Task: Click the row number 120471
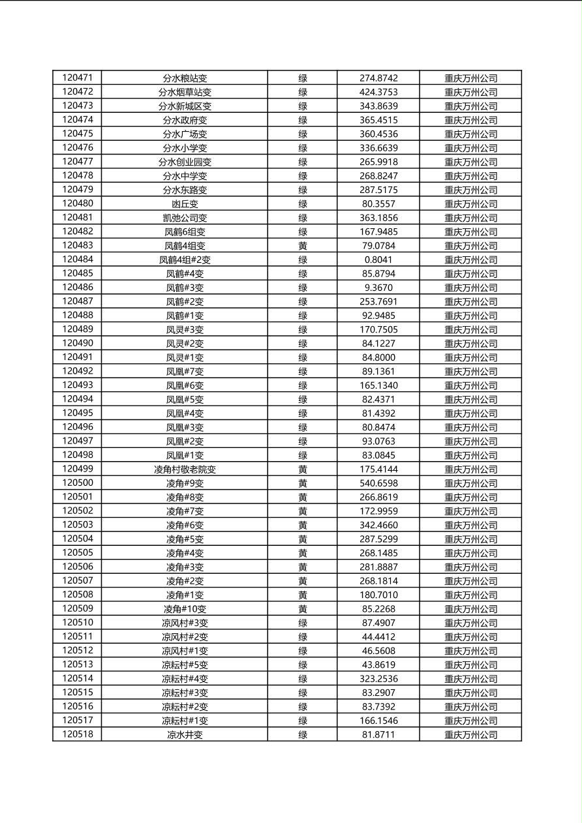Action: point(78,78)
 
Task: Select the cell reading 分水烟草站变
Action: point(185,92)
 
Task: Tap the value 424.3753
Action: point(378,92)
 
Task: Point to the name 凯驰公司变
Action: point(185,218)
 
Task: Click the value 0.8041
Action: point(378,260)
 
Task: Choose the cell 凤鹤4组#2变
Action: point(185,260)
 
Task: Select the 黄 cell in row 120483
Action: point(303,246)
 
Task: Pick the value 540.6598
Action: point(378,483)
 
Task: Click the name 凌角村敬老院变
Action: point(185,470)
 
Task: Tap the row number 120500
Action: point(78,483)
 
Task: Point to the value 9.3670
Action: point(378,288)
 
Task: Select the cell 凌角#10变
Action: point(185,609)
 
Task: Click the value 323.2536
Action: point(378,679)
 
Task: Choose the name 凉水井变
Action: point(185,735)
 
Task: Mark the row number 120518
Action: point(78,735)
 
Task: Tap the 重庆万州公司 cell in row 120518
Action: point(470,735)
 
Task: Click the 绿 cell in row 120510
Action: point(303,623)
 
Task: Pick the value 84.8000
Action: point(378,357)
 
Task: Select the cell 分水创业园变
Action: point(185,162)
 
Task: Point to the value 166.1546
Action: point(378,721)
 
